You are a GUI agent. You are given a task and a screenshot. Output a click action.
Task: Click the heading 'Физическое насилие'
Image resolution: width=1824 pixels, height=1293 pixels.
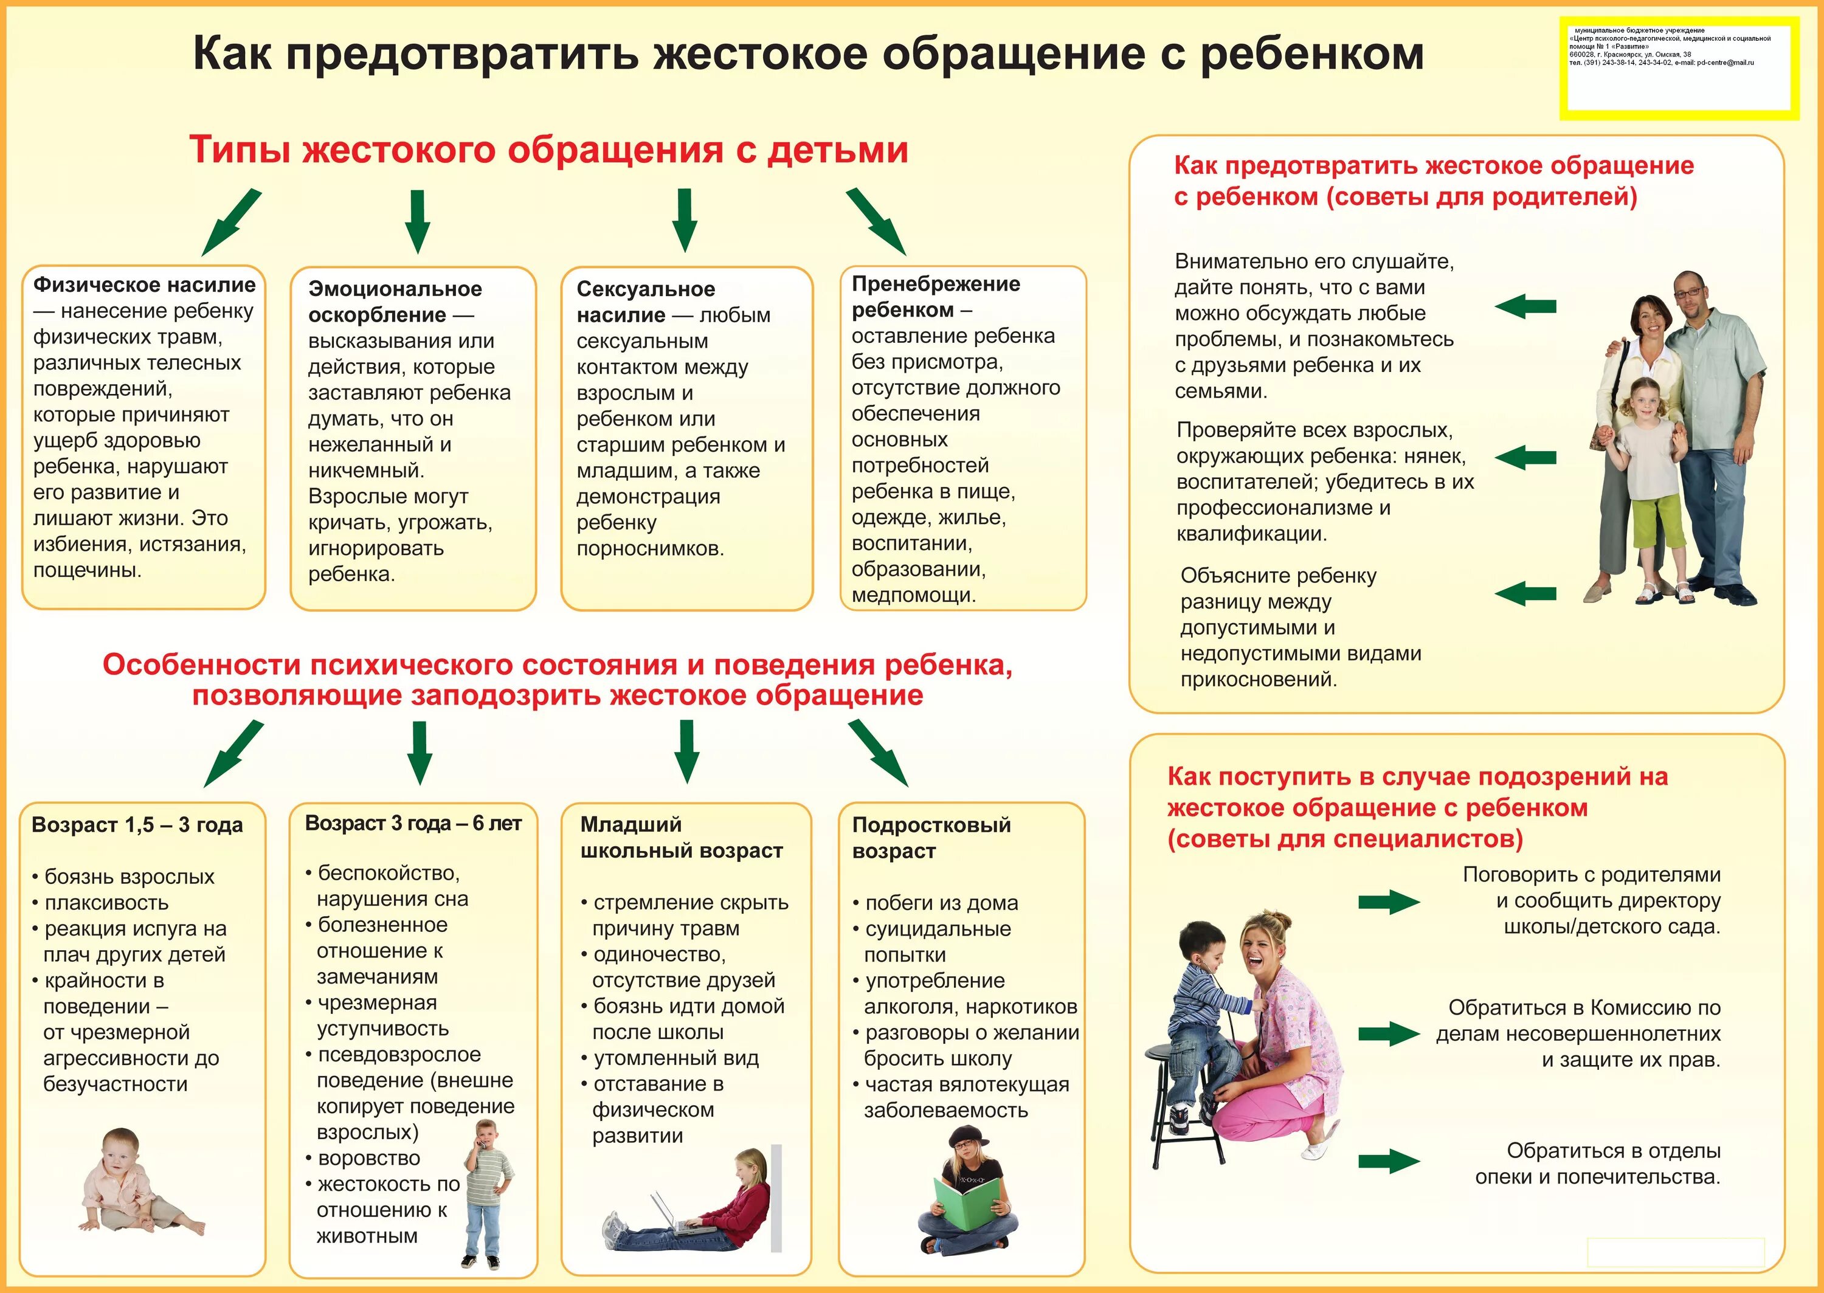(x=144, y=285)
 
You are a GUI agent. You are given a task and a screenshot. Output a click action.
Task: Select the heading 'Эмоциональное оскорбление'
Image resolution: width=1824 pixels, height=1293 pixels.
(x=394, y=302)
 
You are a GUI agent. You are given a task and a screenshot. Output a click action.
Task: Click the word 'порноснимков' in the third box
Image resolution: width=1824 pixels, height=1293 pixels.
(x=650, y=548)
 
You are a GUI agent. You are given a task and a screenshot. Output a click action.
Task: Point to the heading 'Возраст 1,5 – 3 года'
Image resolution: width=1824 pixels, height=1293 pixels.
(x=137, y=825)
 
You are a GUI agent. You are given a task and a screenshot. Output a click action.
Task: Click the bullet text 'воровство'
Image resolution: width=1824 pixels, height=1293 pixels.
(x=368, y=1159)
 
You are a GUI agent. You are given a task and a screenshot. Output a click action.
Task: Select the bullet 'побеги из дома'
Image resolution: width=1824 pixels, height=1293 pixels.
(x=941, y=903)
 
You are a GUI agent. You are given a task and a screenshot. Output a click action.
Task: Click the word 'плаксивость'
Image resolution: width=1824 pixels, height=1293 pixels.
(x=106, y=903)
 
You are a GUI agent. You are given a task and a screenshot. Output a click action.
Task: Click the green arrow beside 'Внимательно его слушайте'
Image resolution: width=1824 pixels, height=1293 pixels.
(x=1525, y=306)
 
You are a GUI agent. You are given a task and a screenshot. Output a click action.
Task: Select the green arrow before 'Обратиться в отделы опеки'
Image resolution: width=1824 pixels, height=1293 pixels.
(x=1389, y=1161)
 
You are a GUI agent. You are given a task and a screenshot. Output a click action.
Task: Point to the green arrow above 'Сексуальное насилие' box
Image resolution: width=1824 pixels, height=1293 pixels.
(x=684, y=219)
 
